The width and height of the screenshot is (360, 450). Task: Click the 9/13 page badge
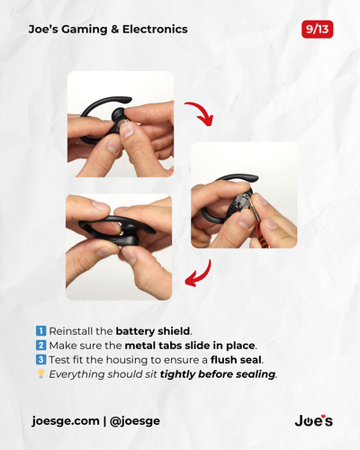pyautogui.click(x=318, y=29)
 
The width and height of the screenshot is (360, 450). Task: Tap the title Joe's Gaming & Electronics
pyautogui.click(x=108, y=29)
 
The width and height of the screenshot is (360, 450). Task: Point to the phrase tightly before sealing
pyautogui.click(x=219, y=373)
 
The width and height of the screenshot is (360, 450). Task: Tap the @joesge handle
pyautogui.click(x=136, y=420)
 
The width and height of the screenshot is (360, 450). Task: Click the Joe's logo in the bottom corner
pyautogui.click(x=313, y=420)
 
